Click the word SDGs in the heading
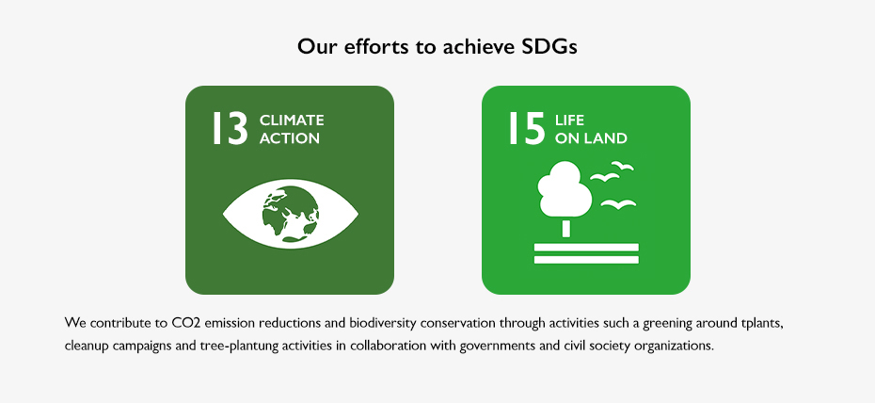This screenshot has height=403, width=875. tap(549, 46)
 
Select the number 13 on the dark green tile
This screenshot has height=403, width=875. tap(230, 128)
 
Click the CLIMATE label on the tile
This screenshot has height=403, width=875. tap(292, 120)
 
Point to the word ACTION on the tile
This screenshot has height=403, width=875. tap(290, 137)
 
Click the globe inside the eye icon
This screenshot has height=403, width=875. tap(291, 214)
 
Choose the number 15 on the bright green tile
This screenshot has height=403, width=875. tap(526, 128)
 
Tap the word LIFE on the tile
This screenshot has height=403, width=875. tap(570, 120)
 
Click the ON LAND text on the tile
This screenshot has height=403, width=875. tap(591, 137)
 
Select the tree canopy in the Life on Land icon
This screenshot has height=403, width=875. tap(565, 188)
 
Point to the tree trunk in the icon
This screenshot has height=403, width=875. tap(566, 228)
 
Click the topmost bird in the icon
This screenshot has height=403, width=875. tap(622, 165)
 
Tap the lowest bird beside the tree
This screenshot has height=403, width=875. tap(618, 204)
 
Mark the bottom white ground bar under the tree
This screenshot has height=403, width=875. tap(586, 260)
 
